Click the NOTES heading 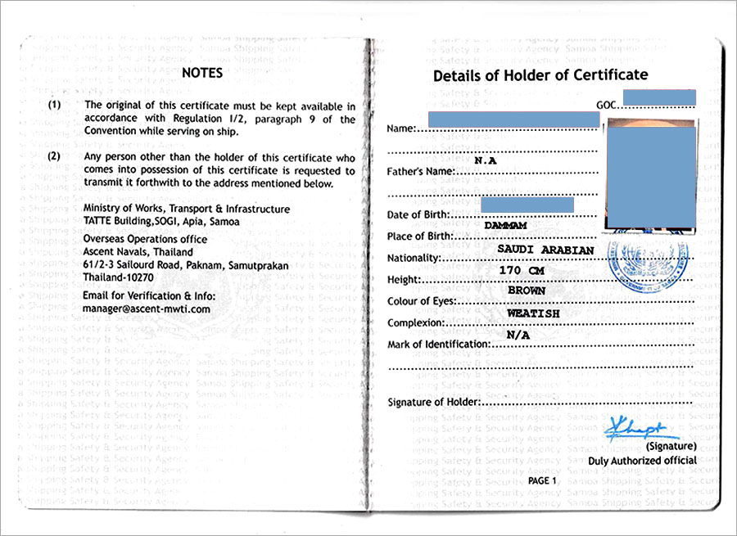[202, 72]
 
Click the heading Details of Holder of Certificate [540, 75]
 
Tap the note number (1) [54, 106]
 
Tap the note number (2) [54, 156]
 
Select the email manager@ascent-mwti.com [147, 309]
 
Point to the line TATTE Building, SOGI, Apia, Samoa [161, 222]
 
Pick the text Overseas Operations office [145, 239]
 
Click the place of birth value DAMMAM [504, 223]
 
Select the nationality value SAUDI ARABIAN [545, 248]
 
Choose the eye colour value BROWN [527, 291]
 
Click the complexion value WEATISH [533, 313]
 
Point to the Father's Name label [420, 171]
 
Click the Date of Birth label [418, 214]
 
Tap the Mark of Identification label [438, 345]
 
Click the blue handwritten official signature [635, 428]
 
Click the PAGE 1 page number [542, 480]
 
